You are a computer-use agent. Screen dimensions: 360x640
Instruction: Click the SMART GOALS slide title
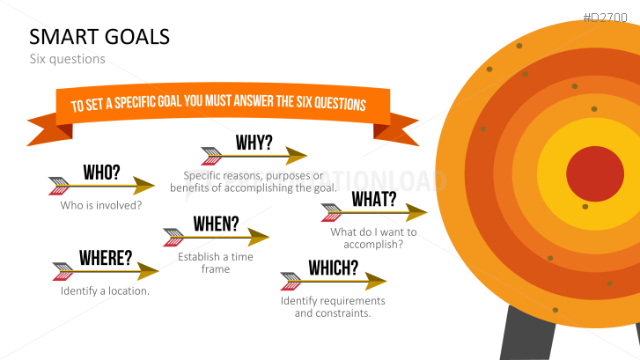click(x=99, y=36)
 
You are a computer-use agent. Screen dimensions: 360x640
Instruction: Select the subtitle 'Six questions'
click(x=67, y=59)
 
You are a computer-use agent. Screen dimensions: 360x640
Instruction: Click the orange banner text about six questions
click(x=218, y=104)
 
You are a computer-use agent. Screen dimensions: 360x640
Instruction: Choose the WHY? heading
click(x=254, y=143)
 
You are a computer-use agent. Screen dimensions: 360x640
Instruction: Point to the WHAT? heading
click(x=374, y=199)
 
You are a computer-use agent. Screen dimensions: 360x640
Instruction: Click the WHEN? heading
click(x=216, y=224)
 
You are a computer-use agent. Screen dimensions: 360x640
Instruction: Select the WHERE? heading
click(x=106, y=258)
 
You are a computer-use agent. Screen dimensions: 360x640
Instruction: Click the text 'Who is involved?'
click(x=101, y=205)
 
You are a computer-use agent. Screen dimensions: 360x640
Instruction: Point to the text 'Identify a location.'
click(x=105, y=290)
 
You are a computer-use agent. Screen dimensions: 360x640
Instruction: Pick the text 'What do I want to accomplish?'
click(x=373, y=238)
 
